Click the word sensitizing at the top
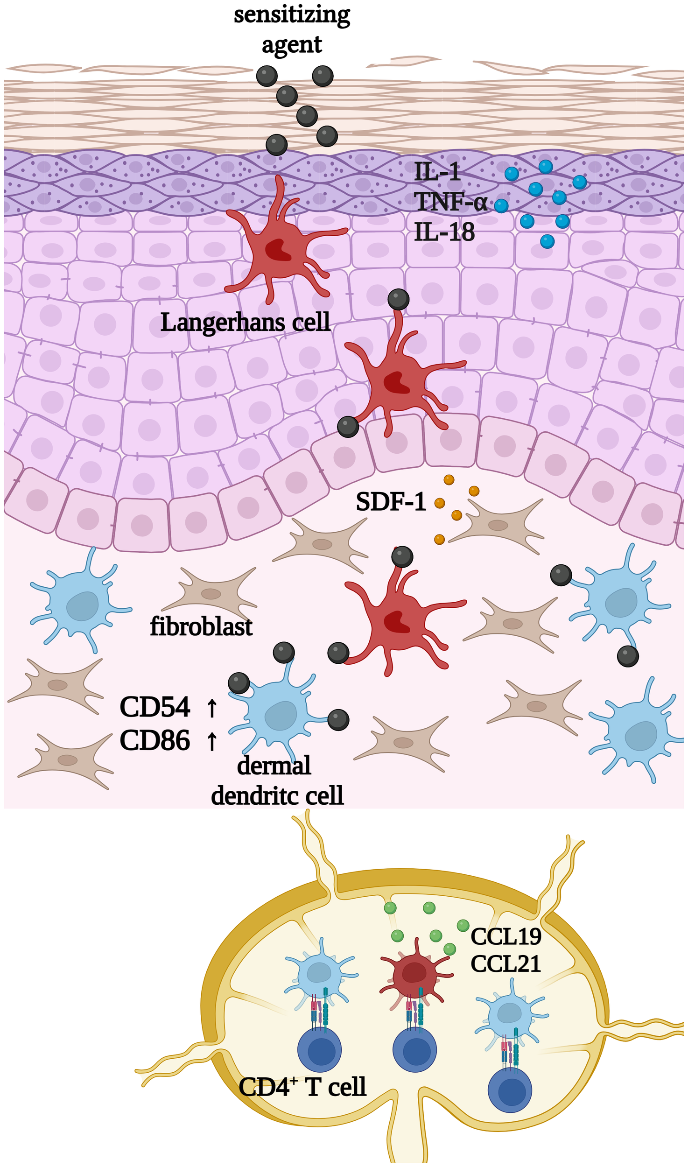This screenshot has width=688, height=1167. [x=292, y=15]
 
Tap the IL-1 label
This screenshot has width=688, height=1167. [x=437, y=172]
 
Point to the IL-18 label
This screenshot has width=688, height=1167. [x=444, y=232]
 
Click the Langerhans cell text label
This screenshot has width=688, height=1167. [x=245, y=322]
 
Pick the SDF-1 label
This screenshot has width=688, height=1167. [x=391, y=502]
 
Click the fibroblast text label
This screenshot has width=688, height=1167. [x=201, y=626]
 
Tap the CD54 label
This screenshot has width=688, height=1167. [x=154, y=707]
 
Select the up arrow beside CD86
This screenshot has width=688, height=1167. [x=212, y=741]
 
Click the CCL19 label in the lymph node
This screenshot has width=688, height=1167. [x=505, y=936]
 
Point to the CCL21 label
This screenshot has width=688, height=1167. [x=505, y=964]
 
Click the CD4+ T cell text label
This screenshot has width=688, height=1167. [x=302, y=1087]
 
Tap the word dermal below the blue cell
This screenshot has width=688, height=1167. [x=274, y=766]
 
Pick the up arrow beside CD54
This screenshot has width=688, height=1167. [x=212, y=708]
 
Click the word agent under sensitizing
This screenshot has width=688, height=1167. [x=292, y=45]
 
